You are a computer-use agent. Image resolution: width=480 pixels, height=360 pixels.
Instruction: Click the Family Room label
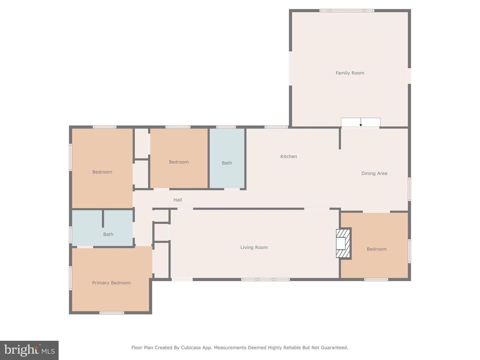(x=350, y=73)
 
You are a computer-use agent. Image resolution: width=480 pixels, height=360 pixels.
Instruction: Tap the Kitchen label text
(x=288, y=157)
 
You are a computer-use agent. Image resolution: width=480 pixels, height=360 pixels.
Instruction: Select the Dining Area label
(x=374, y=173)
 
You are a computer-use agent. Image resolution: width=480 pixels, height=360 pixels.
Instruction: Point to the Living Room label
(x=254, y=248)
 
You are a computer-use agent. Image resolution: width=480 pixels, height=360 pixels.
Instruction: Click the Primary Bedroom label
(x=111, y=283)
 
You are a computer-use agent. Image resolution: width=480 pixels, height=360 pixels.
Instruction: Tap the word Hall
(x=178, y=200)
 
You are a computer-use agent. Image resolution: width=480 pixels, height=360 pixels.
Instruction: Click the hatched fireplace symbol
(x=343, y=243)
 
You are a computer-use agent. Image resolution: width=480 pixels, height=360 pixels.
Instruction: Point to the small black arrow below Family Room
(x=360, y=124)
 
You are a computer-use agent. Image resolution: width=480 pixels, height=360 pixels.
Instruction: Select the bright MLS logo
(x=29, y=350)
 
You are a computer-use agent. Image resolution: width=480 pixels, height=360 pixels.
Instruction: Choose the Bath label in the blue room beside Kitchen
(x=227, y=163)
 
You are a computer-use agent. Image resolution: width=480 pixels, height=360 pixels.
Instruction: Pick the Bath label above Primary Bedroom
(x=108, y=234)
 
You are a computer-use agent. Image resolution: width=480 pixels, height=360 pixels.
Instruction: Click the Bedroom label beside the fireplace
(x=377, y=249)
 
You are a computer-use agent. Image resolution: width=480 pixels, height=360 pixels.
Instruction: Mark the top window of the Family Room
(x=347, y=10)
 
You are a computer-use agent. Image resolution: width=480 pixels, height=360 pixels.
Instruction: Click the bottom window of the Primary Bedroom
(x=111, y=313)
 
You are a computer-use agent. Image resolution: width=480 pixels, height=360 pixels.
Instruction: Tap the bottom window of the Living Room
(x=266, y=279)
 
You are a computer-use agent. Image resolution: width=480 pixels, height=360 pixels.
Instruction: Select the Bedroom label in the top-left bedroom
(x=102, y=172)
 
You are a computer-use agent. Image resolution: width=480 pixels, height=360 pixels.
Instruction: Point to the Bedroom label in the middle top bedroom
(x=179, y=162)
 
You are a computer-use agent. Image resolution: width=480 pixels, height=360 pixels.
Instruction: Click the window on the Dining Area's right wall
(x=409, y=189)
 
